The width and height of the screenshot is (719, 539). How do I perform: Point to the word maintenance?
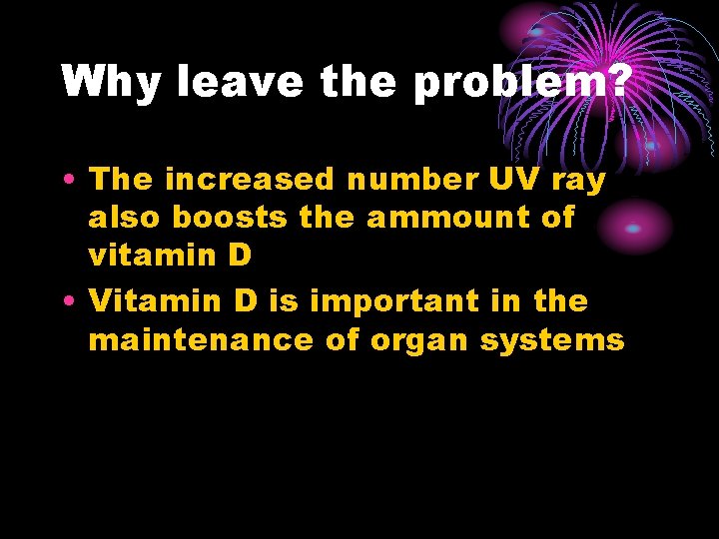click(x=201, y=340)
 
